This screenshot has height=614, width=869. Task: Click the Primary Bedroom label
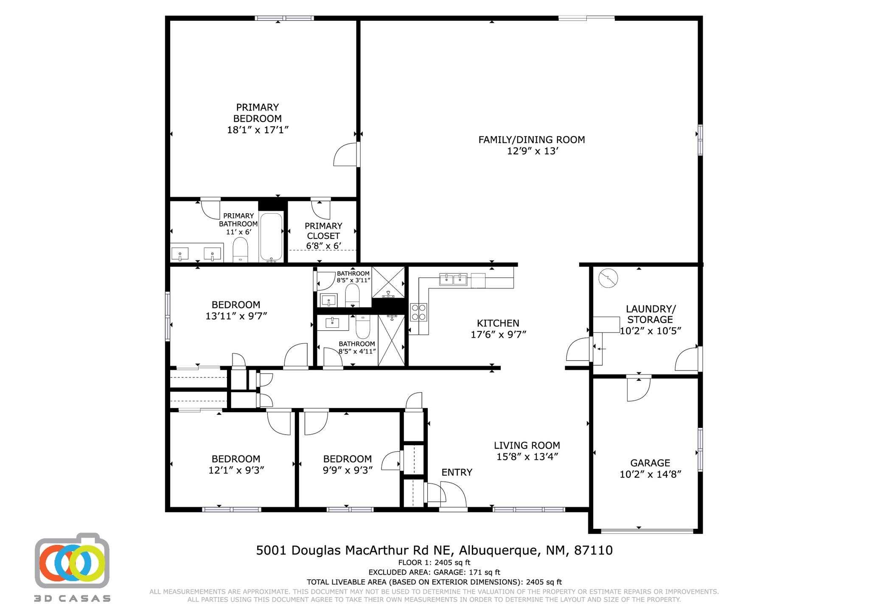[x=257, y=113]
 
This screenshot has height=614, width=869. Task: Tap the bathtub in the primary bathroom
[x=271, y=237]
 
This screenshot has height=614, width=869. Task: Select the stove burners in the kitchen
[x=419, y=312]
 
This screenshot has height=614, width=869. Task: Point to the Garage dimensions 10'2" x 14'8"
[x=650, y=474]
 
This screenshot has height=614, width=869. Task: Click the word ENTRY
[x=457, y=472]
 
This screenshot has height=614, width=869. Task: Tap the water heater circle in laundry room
[x=608, y=279]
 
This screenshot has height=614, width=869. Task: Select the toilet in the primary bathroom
[x=240, y=250]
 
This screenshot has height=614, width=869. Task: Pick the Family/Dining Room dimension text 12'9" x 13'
[x=532, y=151]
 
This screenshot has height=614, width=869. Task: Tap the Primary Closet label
[x=323, y=231]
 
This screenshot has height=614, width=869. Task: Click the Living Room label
[x=527, y=445]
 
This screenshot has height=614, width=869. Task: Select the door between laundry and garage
[x=639, y=388]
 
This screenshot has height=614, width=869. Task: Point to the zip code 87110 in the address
[x=593, y=550]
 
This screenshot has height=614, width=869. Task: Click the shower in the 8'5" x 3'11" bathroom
[x=388, y=282]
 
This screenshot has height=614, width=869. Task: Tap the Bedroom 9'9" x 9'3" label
[x=347, y=459]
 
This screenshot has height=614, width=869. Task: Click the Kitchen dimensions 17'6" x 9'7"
[x=498, y=335]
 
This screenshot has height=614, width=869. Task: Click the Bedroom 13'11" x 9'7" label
[x=236, y=305]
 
